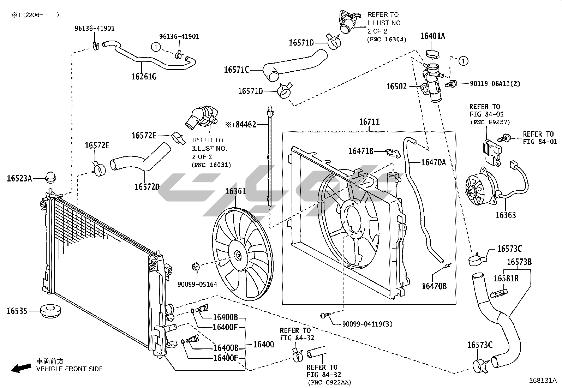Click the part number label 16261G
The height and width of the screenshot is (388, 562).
pos(144,76)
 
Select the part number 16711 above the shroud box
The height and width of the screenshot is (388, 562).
pos(369,122)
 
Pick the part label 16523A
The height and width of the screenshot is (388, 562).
pos(19,179)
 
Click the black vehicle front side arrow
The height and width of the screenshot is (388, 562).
pos(20,368)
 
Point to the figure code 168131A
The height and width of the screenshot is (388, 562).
pos(543,381)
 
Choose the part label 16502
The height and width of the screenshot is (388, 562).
pos(396,86)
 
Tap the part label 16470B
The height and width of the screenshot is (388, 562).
pos(434,286)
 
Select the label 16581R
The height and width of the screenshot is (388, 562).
pos(506,278)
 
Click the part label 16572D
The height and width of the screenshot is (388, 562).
pos(147,187)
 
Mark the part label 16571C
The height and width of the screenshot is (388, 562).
pos(237,70)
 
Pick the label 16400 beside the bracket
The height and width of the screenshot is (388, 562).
pos(264,344)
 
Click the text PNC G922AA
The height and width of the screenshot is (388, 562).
pos(330,382)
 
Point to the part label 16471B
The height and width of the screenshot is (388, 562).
pos(361,151)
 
